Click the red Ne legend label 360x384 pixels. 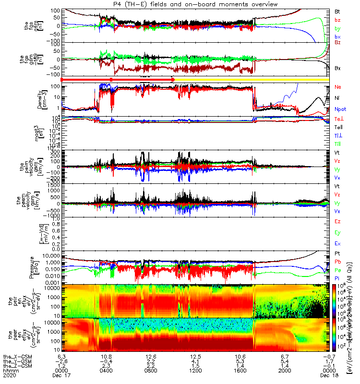pyautogui.click(x=338, y=87)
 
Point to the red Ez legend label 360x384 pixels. pyautogui.click(x=338, y=221)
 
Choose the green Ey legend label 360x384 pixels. pyautogui.click(x=338, y=232)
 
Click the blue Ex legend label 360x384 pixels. pyautogui.click(x=338, y=243)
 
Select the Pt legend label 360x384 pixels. pyautogui.click(x=337, y=253)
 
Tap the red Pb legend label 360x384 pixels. pyautogui.click(x=338, y=262)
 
